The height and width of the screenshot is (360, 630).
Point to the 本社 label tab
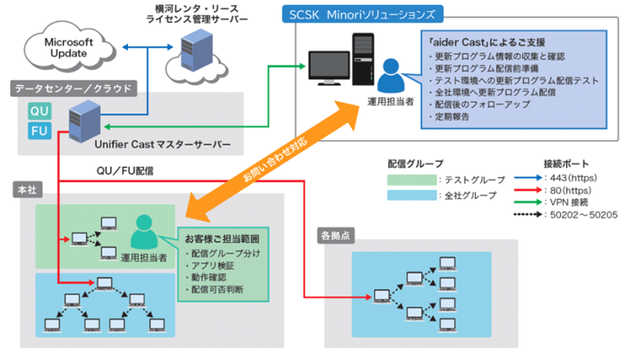tap(26, 189)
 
